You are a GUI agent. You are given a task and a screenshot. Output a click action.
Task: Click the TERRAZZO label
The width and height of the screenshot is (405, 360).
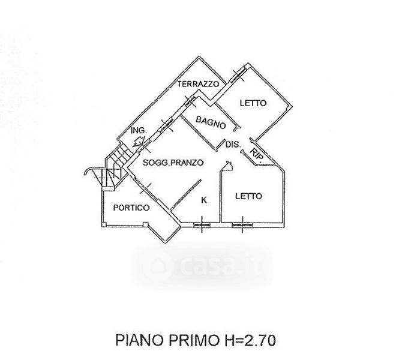(x=198, y=84)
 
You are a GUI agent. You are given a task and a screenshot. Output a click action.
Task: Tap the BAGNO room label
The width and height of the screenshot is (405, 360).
(x=211, y=122)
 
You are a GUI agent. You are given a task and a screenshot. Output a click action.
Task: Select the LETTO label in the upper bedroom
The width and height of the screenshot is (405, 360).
(x=253, y=103)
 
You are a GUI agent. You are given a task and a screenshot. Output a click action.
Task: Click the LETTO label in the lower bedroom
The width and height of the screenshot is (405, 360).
(x=248, y=196)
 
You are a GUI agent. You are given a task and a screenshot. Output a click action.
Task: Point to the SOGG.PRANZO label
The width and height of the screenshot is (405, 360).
(x=173, y=163)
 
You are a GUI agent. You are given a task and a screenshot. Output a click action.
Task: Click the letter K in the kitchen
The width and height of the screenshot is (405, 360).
(x=204, y=200)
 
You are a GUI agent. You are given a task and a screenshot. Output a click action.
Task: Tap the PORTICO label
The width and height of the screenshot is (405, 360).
(x=131, y=208)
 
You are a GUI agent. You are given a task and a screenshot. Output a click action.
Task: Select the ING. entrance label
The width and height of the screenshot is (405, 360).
(x=139, y=130)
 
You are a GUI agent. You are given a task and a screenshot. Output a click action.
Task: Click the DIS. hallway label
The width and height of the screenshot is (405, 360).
(x=233, y=145)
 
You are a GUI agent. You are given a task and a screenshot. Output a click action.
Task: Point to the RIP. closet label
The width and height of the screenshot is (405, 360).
(x=257, y=155)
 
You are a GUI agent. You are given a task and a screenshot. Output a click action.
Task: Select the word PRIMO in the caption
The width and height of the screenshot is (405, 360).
(x=193, y=340)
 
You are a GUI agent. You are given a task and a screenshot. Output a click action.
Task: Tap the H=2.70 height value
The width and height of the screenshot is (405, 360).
(x=248, y=340)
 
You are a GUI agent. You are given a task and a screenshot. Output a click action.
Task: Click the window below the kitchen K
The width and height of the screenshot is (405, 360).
(x=202, y=225)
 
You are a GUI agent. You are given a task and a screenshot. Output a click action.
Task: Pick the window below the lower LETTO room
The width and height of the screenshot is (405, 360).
(x=242, y=225)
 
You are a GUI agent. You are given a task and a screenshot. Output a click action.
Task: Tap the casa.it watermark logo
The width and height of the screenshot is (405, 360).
(x=202, y=266)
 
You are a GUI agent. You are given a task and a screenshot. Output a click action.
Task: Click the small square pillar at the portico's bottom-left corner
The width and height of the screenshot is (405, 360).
(x=104, y=224)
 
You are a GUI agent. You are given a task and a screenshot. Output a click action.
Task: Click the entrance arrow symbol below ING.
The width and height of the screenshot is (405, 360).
(x=138, y=142)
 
